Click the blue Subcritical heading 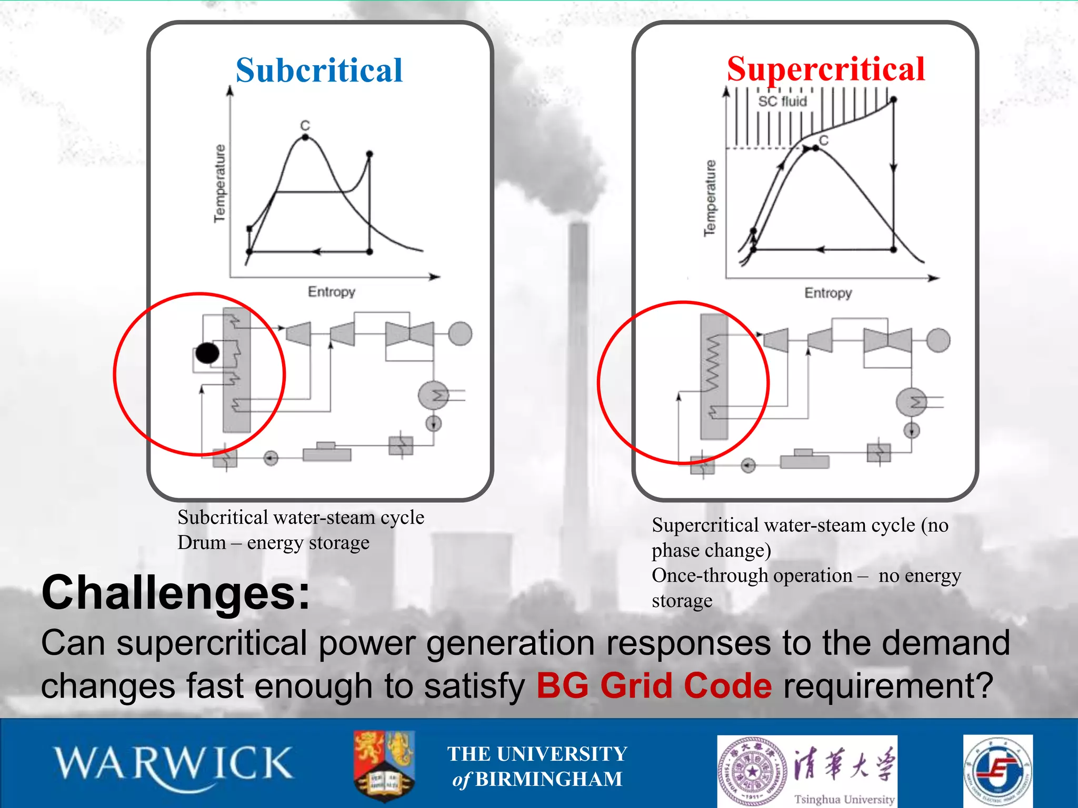(319, 70)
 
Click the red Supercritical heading (825, 69)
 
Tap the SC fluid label (782, 101)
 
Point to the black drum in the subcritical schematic (207, 353)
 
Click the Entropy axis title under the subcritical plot (331, 291)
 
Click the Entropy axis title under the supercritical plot (827, 293)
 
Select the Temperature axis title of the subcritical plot (219, 183)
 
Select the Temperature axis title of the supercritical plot (710, 198)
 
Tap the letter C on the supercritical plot (824, 140)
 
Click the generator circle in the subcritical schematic (460, 334)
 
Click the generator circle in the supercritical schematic (938, 340)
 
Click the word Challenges (176, 593)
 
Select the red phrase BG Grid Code (654, 685)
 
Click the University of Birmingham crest (384, 765)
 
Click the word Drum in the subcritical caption (202, 542)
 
